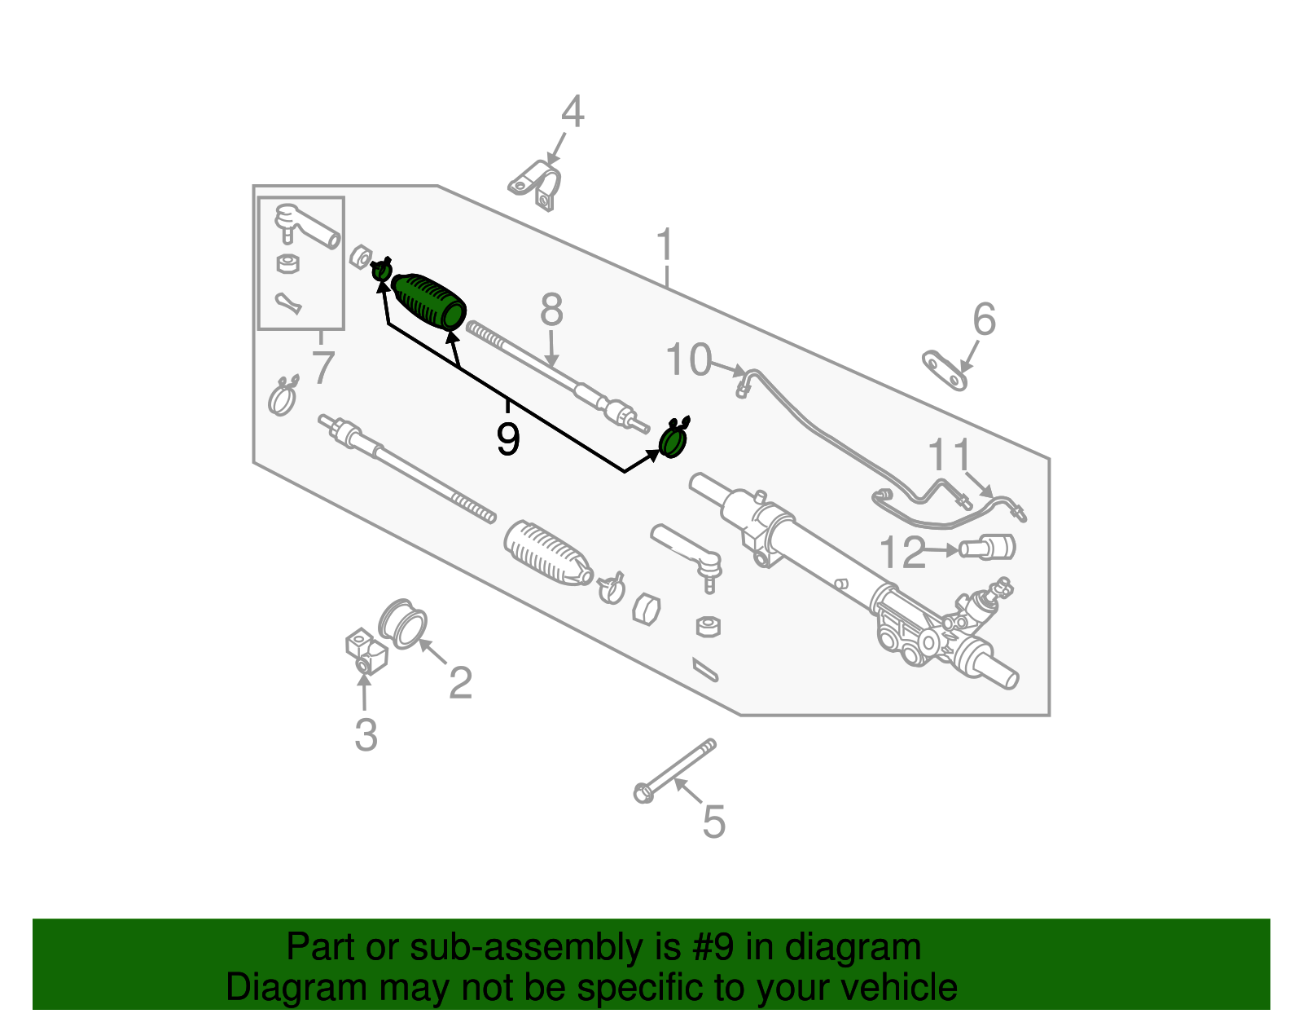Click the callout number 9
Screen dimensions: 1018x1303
click(507, 439)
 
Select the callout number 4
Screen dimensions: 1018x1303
click(573, 112)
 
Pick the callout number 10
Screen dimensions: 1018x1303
click(688, 359)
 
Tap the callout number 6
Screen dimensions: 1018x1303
click(984, 320)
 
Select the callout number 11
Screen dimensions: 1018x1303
click(950, 454)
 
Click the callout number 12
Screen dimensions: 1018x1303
click(902, 553)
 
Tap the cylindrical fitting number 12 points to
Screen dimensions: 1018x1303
click(988, 546)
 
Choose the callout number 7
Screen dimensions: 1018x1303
click(322, 368)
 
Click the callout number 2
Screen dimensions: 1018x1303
click(460, 683)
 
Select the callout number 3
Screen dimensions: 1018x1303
click(366, 735)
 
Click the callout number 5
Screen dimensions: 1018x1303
click(713, 822)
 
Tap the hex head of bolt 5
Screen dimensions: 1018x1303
click(643, 792)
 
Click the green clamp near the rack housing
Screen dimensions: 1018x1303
click(673, 442)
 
